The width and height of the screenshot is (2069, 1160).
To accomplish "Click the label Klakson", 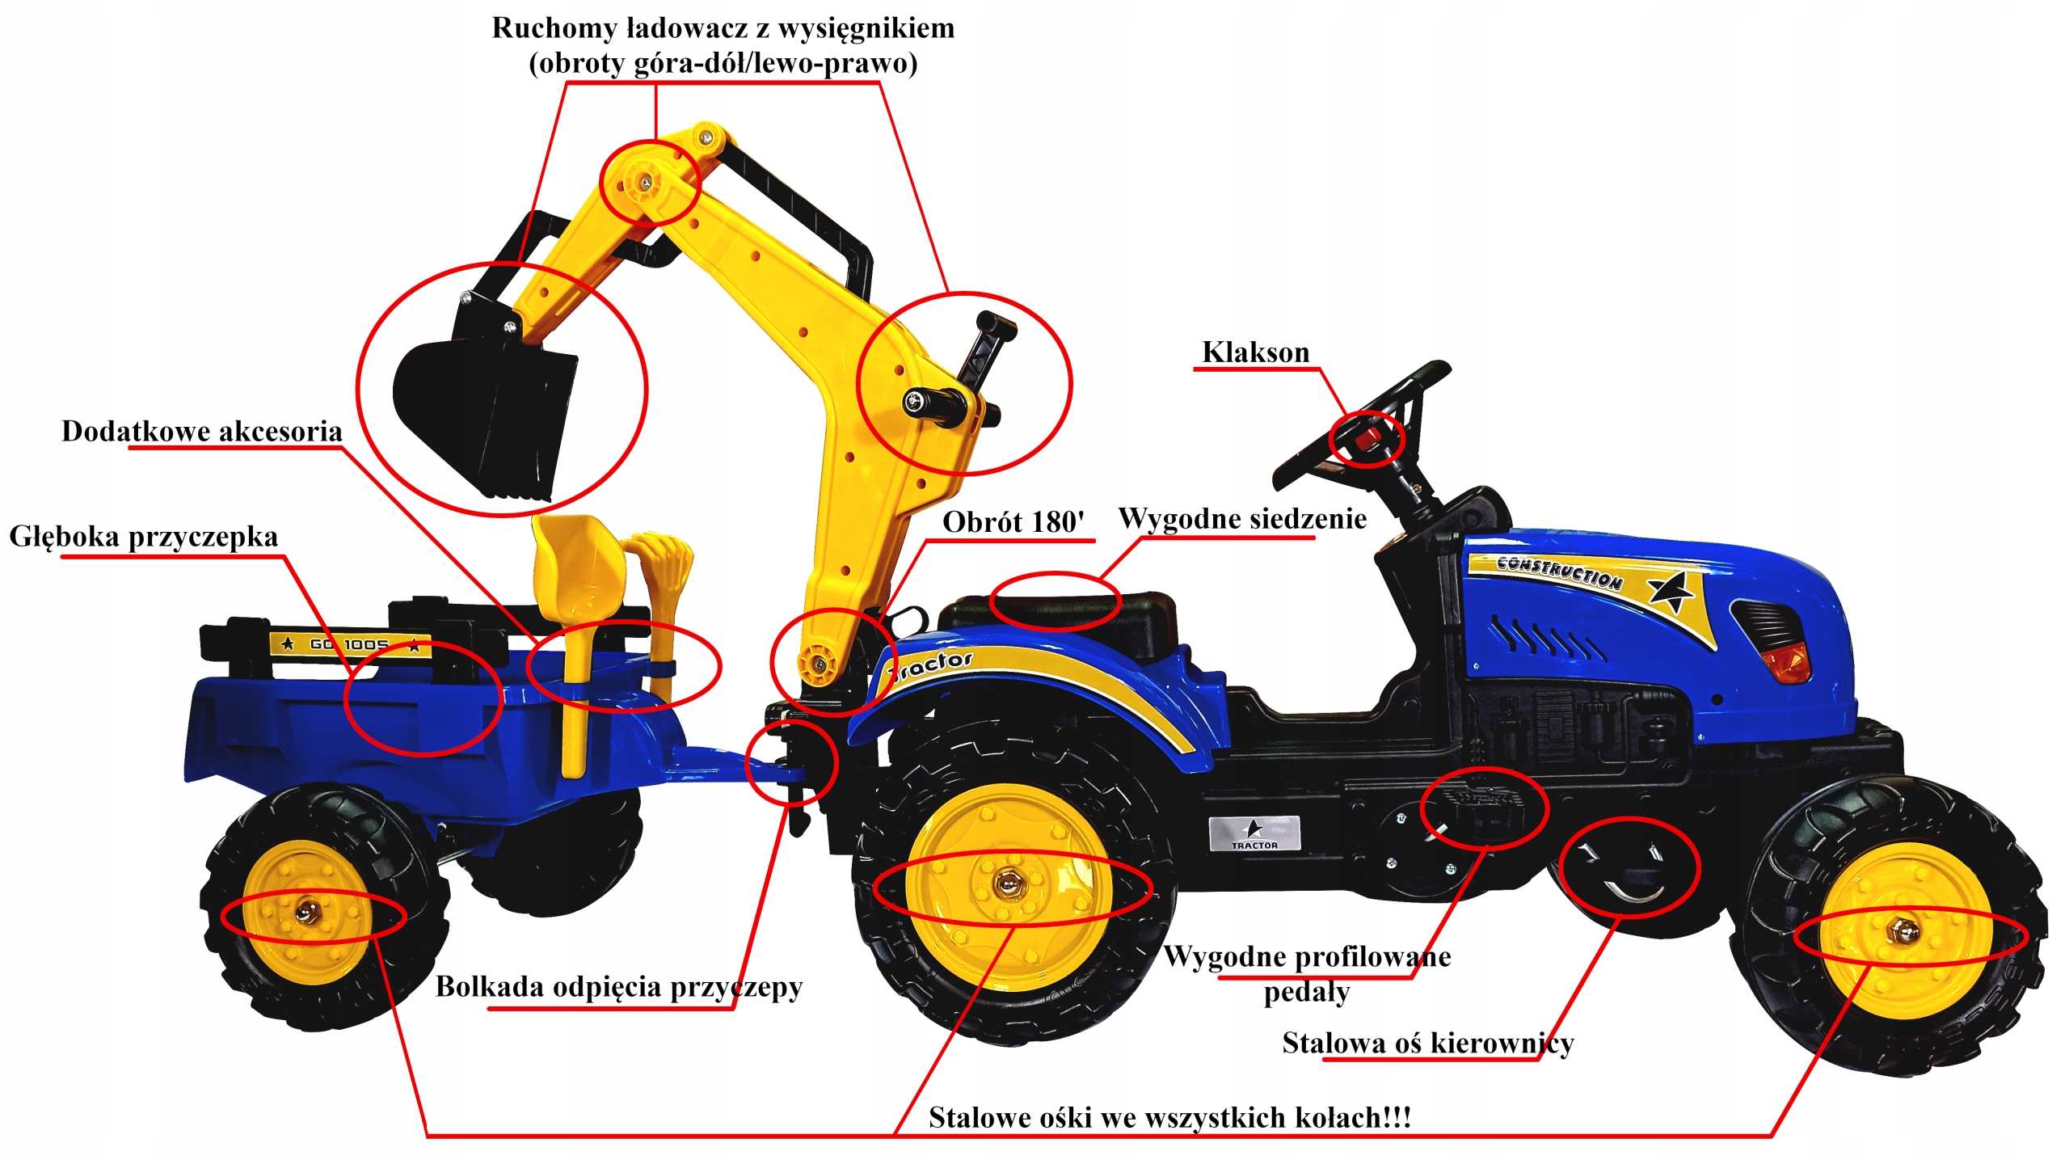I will [x=1255, y=352].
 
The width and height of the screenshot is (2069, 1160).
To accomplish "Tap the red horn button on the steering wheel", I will [x=1369, y=439].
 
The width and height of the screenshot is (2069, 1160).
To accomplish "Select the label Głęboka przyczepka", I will [x=143, y=537].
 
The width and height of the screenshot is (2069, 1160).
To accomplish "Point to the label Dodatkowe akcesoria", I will [x=202, y=432].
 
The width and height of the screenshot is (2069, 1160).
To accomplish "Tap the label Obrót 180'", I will [x=1013, y=522].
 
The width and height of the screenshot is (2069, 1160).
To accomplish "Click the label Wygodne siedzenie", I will [x=1242, y=519].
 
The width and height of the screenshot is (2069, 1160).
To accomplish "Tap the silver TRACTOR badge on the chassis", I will [x=1254, y=833].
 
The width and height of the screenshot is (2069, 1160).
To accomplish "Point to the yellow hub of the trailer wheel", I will [x=306, y=913].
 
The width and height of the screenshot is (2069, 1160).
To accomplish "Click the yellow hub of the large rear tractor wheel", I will [x=1007, y=886].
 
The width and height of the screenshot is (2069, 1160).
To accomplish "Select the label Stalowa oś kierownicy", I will [x=1427, y=1044].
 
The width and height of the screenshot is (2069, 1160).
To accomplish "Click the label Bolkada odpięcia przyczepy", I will [x=618, y=987].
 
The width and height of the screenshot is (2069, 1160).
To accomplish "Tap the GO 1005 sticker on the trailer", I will [x=349, y=644].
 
